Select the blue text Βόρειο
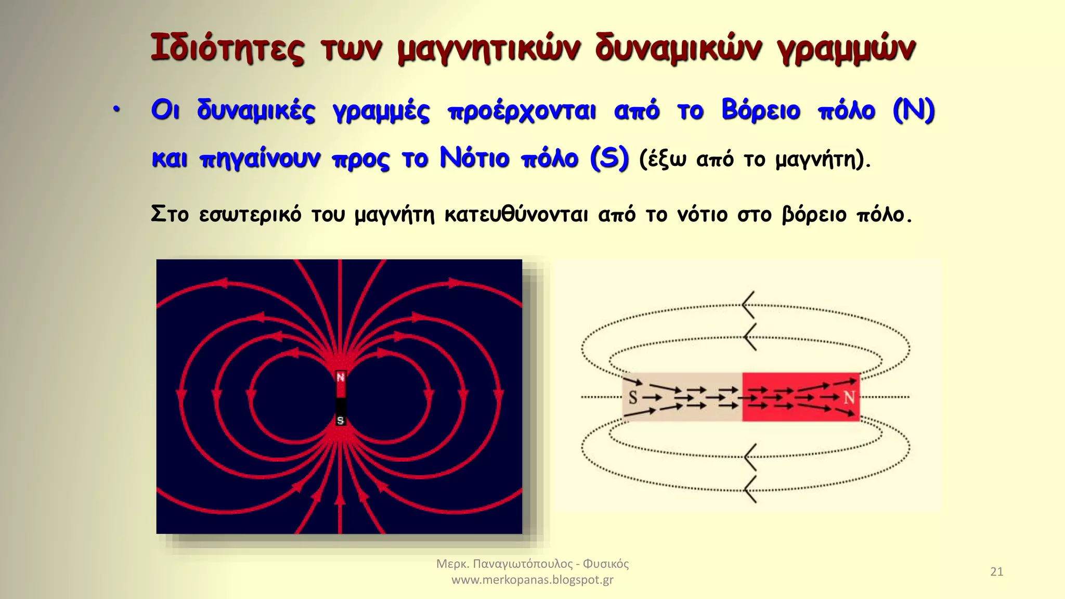pos(760,110)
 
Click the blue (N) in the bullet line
pos(914,110)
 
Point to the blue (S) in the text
pos(609,158)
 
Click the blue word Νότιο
pos(474,158)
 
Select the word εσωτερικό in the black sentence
pos(250,214)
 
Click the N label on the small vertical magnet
pos(341,377)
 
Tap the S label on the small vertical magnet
pos(341,420)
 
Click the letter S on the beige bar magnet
pos(633,398)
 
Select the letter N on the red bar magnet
pos(849,398)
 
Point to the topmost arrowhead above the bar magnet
pos(747,305)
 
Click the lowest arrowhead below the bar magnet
pos(749,489)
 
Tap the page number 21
pos(996,571)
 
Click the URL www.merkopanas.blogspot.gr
pos(532,580)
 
